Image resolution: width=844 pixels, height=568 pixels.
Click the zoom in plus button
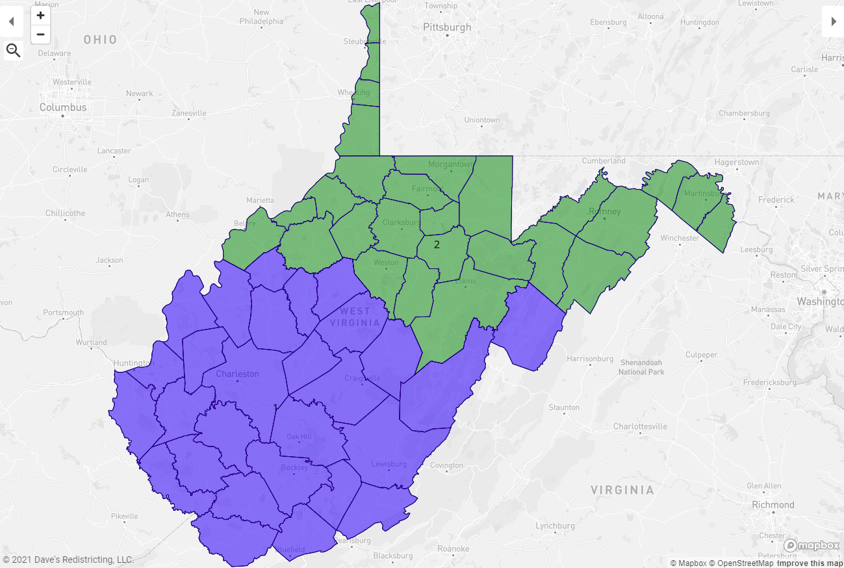pyautogui.click(x=40, y=15)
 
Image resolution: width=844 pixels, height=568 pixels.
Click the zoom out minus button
pyautogui.click(x=40, y=34)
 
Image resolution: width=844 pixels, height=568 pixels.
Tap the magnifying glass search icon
pyautogui.click(x=13, y=50)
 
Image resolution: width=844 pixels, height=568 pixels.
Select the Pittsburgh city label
pyautogui.click(x=447, y=27)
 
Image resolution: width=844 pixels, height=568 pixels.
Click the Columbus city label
pyautogui.click(x=63, y=107)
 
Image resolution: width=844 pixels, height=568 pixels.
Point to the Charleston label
pyautogui.click(x=237, y=374)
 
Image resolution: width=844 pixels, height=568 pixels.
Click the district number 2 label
pyautogui.click(x=437, y=245)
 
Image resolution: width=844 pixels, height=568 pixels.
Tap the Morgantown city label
pyautogui.click(x=452, y=164)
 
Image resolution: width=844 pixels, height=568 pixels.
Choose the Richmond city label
pyautogui.click(x=773, y=504)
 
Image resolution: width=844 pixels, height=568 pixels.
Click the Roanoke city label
pyautogui.click(x=454, y=549)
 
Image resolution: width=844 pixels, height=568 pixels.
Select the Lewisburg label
pyautogui.click(x=389, y=464)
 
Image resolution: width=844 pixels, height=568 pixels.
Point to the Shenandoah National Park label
pyautogui.click(x=641, y=367)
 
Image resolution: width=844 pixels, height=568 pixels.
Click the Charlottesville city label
pyautogui.click(x=640, y=426)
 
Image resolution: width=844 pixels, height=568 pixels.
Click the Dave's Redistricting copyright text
pyautogui.click(x=68, y=560)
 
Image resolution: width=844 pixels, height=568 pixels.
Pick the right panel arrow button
pyautogui.click(x=833, y=21)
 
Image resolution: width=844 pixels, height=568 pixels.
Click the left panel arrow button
pyautogui.click(x=11, y=21)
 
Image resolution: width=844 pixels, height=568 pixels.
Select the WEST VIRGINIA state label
pyautogui.click(x=355, y=317)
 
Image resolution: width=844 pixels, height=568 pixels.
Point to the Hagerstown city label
pyautogui.click(x=736, y=162)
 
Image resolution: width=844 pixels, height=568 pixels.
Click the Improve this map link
pyautogui.click(x=810, y=563)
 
